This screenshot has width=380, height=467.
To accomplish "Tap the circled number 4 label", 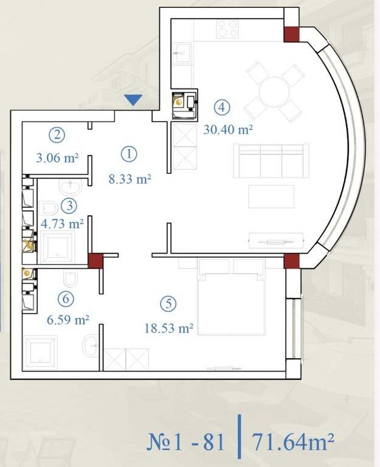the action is pyautogui.click(x=222, y=107).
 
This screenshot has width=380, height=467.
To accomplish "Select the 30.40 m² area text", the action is pyautogui.click(x=228, y=130).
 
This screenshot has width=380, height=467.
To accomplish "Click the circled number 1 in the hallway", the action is pyautogui.click(x=130, y=154).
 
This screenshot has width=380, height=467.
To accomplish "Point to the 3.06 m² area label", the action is pyautogui.click(x=57, y=157).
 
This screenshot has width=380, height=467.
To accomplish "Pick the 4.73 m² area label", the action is pyautogui.click(x=62, y=224).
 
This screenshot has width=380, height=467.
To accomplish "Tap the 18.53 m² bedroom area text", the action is pyautogui.click(x=169, y=328).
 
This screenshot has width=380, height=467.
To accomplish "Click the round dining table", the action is pyautogui.click(x=274, y=92).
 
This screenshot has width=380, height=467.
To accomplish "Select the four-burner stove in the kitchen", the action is pyautogui.click(x=227, y=29).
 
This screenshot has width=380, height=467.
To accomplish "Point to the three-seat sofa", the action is pyautogui.click(x=271, y=161).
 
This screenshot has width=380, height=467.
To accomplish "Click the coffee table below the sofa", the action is pyautogui.click(x=271, y=196).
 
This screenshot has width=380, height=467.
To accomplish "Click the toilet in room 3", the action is pyautogui.click(x=48, y=208).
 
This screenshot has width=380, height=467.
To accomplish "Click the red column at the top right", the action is pyautogui.click(x=291, y=34).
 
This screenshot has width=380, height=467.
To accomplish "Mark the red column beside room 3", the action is pyautogui.click(x=95, y=261).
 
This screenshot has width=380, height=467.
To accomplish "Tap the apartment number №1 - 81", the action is pyautogui.click(x=185, y=442).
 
